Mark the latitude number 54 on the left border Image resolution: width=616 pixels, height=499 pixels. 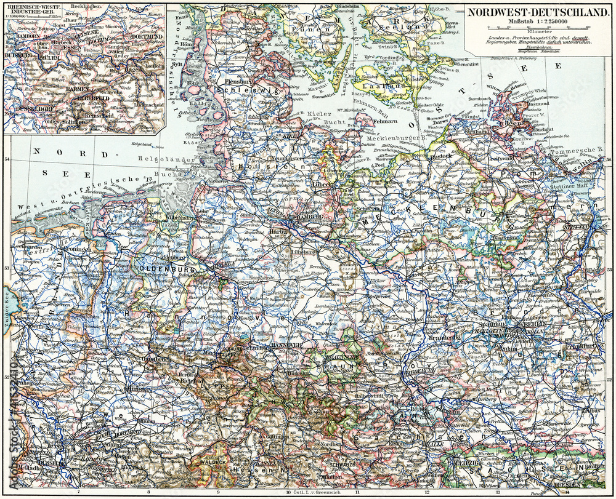[x=7, y=159]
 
